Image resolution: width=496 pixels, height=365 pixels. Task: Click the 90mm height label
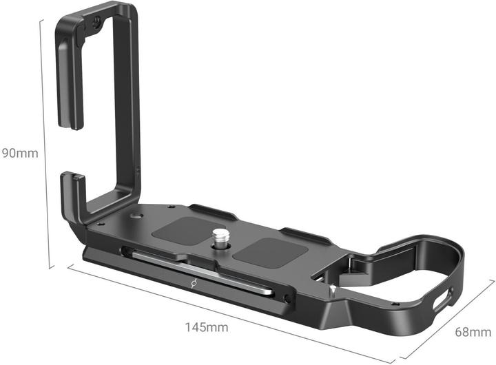[x=20, y=154]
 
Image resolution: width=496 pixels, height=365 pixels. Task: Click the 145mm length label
[x=206, y=327]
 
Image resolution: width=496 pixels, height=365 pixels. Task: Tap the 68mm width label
[x=473, y=332]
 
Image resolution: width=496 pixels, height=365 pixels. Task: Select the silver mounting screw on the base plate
[x=218, y=238]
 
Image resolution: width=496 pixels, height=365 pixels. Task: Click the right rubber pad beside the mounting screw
[x=271, y=252]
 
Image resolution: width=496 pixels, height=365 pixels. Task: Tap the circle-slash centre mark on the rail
[x=194, y=284]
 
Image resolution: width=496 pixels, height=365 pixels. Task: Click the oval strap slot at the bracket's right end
[x=443, y=299]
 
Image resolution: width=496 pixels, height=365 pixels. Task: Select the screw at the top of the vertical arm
[x=97, y=21]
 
